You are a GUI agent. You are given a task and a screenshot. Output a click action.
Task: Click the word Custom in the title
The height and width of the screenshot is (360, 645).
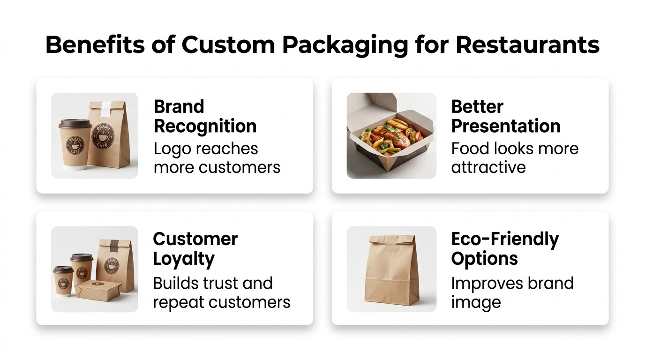pyautogui.click(x=228, y=45)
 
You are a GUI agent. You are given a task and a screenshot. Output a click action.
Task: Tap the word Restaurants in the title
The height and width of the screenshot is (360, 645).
pyautogui.click(x=527, y=45)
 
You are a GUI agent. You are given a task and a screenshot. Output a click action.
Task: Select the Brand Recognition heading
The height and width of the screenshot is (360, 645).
pyautogui.click(x=205, y=117)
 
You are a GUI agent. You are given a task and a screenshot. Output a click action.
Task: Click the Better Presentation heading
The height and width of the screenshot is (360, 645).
pyautogui.click(x=506, y=117)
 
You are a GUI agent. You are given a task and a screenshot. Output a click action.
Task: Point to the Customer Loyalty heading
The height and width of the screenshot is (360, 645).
pyautogui.click(x=195, y=249)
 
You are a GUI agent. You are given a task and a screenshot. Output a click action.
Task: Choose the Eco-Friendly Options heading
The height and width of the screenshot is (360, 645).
pyautogui.click(x=505, y=249)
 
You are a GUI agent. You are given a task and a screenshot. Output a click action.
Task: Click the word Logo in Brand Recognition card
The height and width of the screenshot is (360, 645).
pyautogui.click(x=172, y=150)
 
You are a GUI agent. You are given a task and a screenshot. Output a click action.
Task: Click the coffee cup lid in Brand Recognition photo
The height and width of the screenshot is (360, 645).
pyautogui.click(x=75, y=124)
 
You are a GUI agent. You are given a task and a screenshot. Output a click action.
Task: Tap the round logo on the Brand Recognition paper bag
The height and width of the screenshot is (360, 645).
pyautogui.click(x=103, y=136)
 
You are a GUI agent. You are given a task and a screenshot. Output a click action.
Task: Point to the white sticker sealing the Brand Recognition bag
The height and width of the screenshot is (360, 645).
pyautogui.click(x=105, y=110)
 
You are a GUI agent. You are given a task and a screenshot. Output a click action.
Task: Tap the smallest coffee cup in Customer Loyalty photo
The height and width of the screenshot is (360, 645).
pyautogui.click(x=63, y=281)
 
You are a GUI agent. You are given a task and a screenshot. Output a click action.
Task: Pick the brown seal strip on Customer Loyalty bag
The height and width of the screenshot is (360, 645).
pyautogui.click(x=114, y=245)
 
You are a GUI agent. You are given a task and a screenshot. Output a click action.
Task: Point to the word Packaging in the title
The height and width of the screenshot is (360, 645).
pyautogui.click(x=345, y=46)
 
